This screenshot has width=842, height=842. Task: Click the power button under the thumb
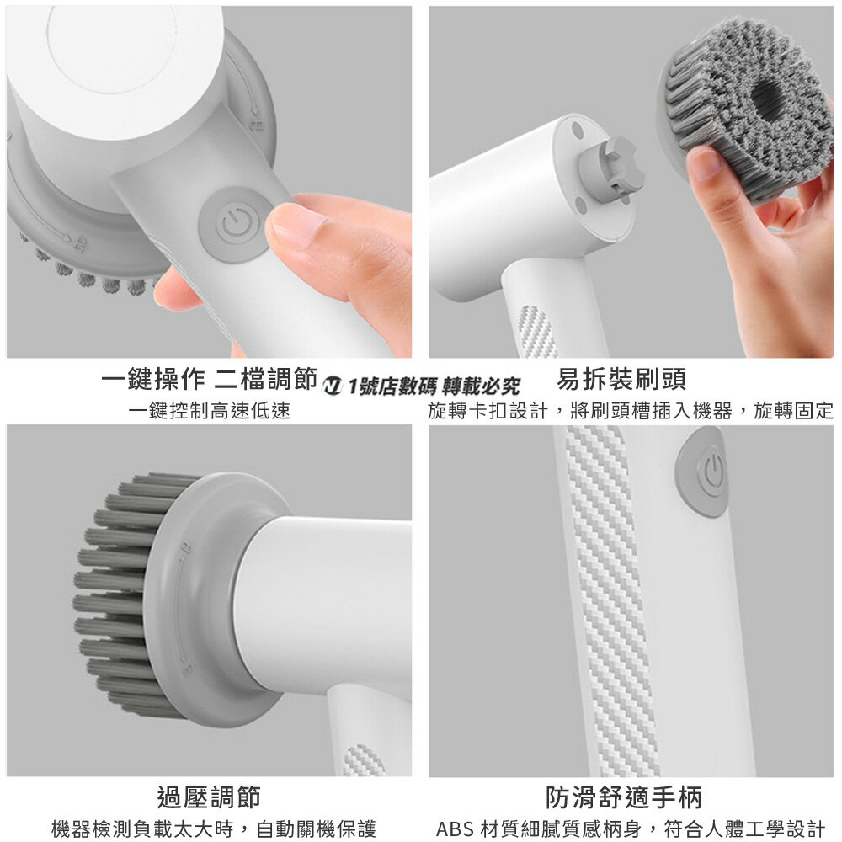point(233,225)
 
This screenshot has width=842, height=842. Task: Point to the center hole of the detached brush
point(769,99)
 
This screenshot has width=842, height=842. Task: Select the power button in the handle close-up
point(711,472)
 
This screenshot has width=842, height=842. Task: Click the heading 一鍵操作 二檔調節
point(208,380)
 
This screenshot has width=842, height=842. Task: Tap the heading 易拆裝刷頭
point(621,380)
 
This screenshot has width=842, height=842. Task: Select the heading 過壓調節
point(209,796)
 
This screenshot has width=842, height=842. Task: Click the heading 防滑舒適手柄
point(623,796)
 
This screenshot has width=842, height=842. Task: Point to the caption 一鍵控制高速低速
point(209,411)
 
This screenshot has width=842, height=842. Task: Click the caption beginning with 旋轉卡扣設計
point(630,411)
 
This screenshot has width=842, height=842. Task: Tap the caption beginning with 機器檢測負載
point(214,828)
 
